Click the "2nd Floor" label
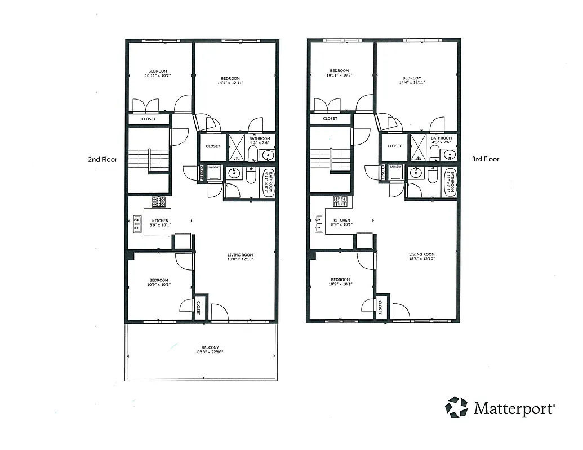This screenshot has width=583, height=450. (x=102, y=159)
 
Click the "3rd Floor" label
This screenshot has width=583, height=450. (x=485, y=159)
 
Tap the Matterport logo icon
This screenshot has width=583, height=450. (x=456, y=407)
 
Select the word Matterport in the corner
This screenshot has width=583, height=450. (x=514, y=408)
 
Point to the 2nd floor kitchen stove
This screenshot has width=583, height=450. (x=158, y=201)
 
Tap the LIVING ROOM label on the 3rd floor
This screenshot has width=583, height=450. (x=421, y=254)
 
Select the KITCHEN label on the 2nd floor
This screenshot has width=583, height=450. (x=160, y=220)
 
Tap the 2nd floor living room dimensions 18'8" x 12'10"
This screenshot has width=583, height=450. (x=240, y=259)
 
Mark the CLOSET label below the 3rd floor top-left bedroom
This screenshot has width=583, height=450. (x=330, y=119)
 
